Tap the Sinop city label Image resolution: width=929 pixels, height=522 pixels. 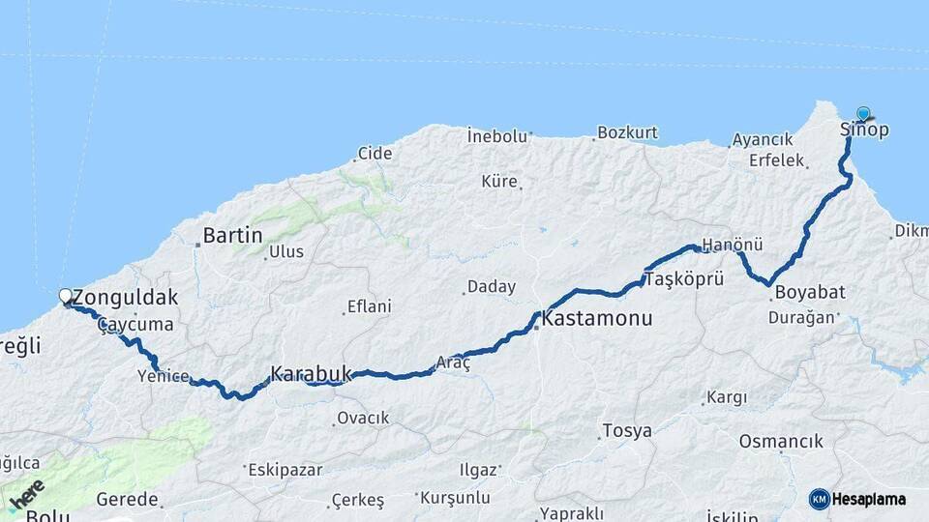863,130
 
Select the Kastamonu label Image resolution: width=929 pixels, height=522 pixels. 597,318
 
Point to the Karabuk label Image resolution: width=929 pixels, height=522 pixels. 310,372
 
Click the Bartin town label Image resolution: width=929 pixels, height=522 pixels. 233,235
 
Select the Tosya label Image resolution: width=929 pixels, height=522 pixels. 627,431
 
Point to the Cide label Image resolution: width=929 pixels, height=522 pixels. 375,153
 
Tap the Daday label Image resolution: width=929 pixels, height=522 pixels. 492,287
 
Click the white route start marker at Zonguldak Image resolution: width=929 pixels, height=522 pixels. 66,296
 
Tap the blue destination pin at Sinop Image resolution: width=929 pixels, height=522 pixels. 863,114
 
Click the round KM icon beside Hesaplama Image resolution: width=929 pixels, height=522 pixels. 819,499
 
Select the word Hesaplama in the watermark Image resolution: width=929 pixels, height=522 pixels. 868,500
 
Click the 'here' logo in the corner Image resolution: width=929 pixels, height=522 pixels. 28,494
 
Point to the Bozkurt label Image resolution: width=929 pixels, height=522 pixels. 627,132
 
